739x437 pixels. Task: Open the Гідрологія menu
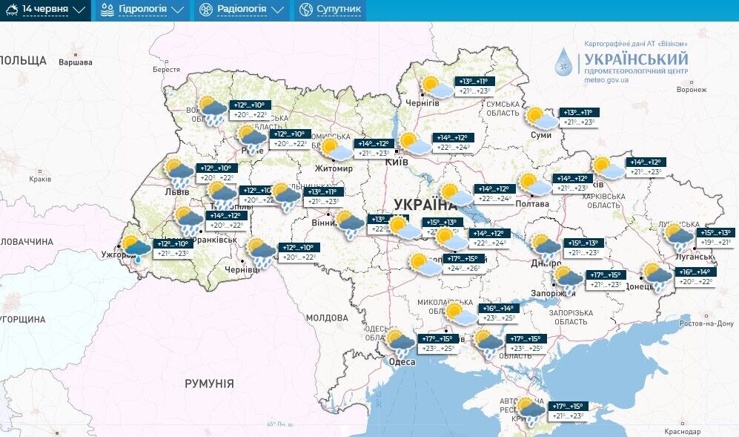[142, 10]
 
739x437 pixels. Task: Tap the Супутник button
[331, 10]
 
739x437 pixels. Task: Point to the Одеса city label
[402, 362]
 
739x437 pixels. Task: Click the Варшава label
[76, 62]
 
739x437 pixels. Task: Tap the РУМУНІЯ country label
[209, 384]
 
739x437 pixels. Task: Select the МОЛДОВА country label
[327, 318]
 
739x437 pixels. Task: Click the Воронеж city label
[691, 90]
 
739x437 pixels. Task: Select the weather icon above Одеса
[400, 342]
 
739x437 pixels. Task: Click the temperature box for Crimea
[567, 410]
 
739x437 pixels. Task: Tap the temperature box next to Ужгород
[173, 248]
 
